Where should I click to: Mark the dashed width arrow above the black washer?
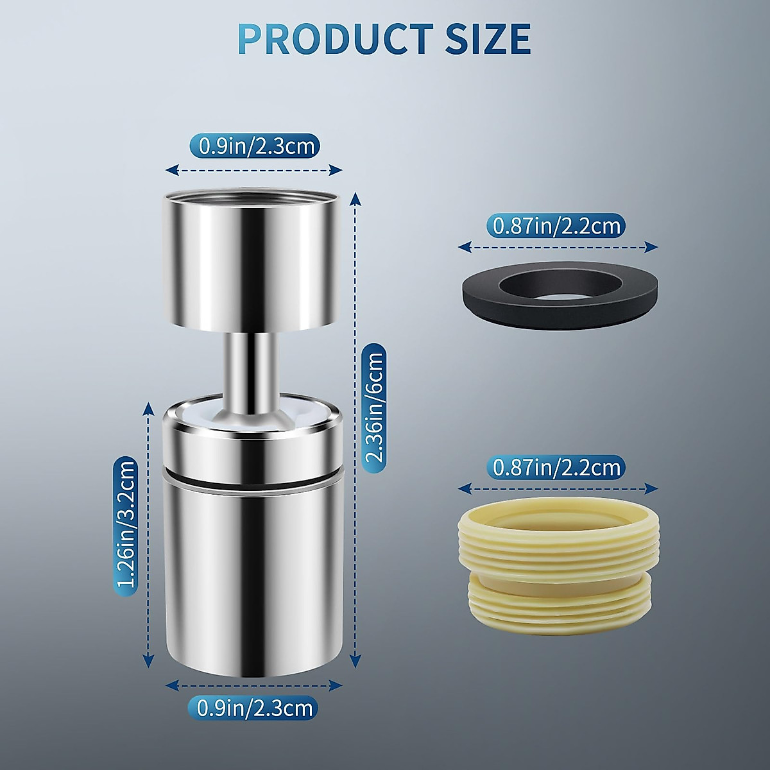(558, 247)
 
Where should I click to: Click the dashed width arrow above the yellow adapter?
(558, 488)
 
